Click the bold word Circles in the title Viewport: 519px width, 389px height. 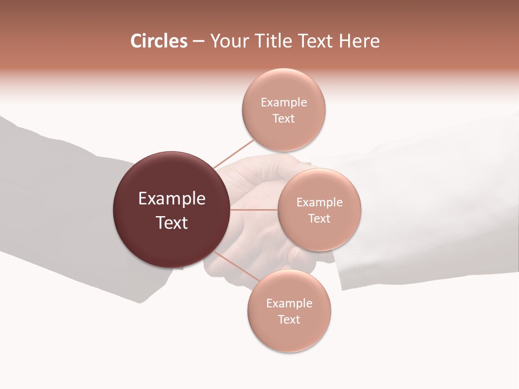[x=158, y=41]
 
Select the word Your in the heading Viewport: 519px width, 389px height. [x=227, y=41]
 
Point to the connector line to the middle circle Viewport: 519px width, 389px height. [x=254, y=209]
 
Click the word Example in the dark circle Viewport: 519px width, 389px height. [x=172, y=199]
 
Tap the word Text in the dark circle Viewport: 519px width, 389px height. [x=172, y=223]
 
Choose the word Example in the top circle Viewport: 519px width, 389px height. [x=284, y=103]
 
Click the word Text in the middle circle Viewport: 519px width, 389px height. [x=320, y=218]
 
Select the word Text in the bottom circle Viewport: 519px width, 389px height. [x=289, y=319]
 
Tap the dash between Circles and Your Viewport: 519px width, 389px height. [x=198, y=42]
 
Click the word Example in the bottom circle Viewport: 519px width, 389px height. [x=289, y=303]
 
